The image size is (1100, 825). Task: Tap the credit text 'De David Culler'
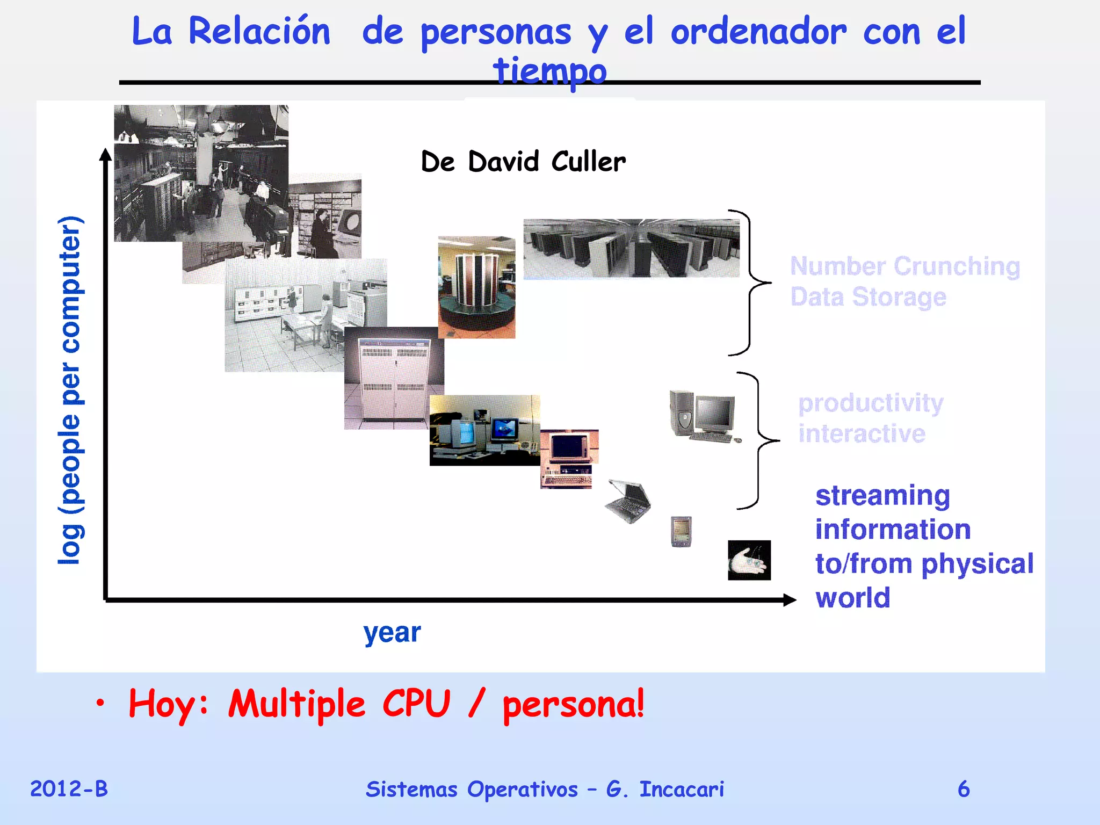523,161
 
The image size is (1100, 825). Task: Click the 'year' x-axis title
392,633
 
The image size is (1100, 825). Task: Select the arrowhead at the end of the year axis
790,600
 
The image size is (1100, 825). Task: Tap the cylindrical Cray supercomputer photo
476,287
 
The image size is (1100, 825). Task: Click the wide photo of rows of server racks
631,248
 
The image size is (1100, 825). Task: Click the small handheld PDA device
681,531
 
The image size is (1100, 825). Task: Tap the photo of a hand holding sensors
749,560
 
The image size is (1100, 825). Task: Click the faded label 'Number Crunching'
905,266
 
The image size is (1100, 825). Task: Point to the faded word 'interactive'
862,433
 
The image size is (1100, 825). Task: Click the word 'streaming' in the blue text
882,495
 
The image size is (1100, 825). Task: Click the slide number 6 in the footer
964,789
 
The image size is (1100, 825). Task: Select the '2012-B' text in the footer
69,789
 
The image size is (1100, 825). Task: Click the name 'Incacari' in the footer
681,789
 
